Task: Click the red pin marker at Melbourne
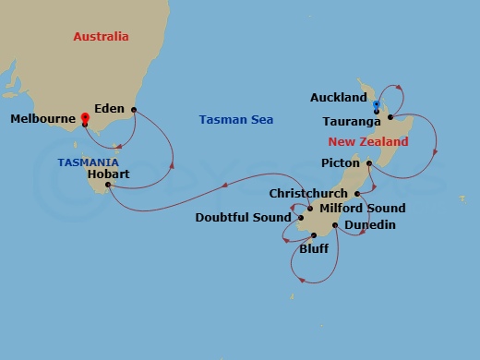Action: (84, 118)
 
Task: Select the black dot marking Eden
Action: (134, 110)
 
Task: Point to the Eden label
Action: (110, 109)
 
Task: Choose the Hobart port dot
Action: (108, 185)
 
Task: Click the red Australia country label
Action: (101, 37)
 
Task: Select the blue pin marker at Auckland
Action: (377, 105)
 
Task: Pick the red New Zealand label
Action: (367, 142)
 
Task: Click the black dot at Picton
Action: (369, 164)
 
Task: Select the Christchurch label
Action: (307, 194)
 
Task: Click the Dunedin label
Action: (369, 225)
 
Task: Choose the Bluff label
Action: (314, 248)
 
